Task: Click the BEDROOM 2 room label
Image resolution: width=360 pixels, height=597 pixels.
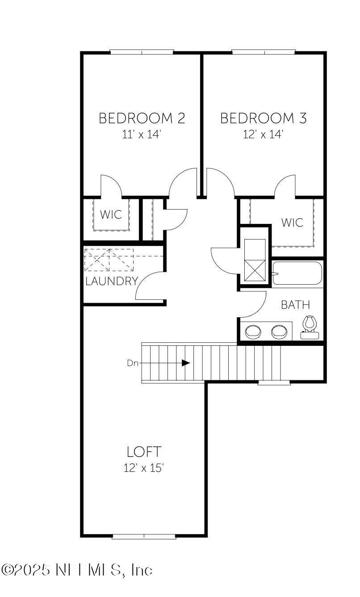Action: [142, 118]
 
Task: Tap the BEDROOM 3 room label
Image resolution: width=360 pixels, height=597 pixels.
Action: [264, 118]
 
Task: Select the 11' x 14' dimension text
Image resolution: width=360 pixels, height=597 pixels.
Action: [142, 134]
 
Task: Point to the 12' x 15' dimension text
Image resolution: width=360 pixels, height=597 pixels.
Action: [143, 468]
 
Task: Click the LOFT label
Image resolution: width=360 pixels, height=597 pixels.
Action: [143, 452]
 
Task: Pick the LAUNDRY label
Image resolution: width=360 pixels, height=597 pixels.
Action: [111, 281]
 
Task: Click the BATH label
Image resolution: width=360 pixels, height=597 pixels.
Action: [295, 305]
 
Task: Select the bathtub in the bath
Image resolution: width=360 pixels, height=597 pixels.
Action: [297, 273]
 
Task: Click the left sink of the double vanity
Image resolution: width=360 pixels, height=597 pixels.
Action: [253, 332]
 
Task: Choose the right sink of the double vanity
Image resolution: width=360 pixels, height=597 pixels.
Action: [280, 332]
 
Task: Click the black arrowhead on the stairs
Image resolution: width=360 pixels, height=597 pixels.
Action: [186, 363]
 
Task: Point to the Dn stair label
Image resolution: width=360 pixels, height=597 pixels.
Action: [133, 363]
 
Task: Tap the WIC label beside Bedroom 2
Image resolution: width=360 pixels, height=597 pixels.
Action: [111, 214]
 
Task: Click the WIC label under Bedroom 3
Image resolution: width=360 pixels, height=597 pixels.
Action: [292, 222]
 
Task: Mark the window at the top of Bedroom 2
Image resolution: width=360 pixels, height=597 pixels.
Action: [142, 52]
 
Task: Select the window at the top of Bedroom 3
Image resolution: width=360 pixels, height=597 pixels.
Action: [264, 52]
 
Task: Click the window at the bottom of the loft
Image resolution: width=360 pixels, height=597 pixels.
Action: [144, 536]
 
